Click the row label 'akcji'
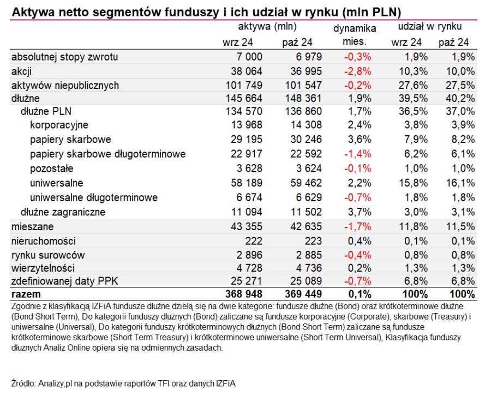pos(22,71)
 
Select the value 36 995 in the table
pos(306,71)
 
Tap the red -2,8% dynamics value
pos(357,71)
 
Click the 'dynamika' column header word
pos(355,29)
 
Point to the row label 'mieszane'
pos(33,226)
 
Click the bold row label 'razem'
pos(26,294)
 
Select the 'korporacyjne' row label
pos(59,125)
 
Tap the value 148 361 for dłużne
pos(303,98)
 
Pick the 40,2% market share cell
pos(460,98)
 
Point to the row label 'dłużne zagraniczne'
pos(63,212)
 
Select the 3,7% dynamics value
pos(360,212)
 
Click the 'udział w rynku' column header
pos(430,27)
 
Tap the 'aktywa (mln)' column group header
pos(267,27)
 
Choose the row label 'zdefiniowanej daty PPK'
pos(64,281)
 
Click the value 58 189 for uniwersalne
pos(247,183)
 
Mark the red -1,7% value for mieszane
pos(357,226)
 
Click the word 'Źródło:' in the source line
pos(23,383)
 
